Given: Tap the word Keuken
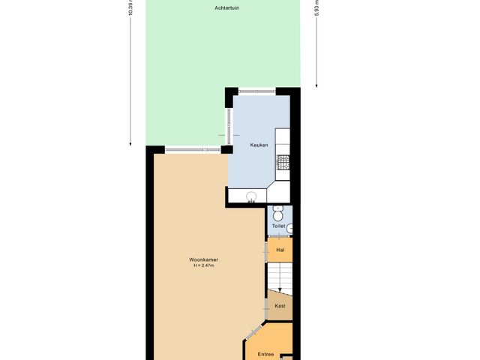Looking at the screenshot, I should [x=250, y=144].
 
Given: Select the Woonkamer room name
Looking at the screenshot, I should [x=204, y=260].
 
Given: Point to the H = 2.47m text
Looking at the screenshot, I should [x=204, y=266].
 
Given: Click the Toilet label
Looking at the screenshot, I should [x=279, y=225].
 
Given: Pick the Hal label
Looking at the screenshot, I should [x=280, y=250].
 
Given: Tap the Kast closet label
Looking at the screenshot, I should [x=280, y=306].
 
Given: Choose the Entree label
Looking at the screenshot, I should [x=265, y=354].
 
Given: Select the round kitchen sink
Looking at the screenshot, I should [x=253, y=197].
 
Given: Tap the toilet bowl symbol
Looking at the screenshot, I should [x=278, y=214].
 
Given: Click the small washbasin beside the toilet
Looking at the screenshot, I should [x=290, y=228].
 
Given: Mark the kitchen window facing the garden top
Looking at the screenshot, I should [x=256, y=91].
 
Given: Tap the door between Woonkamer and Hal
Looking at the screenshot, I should [x=265, y=252].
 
